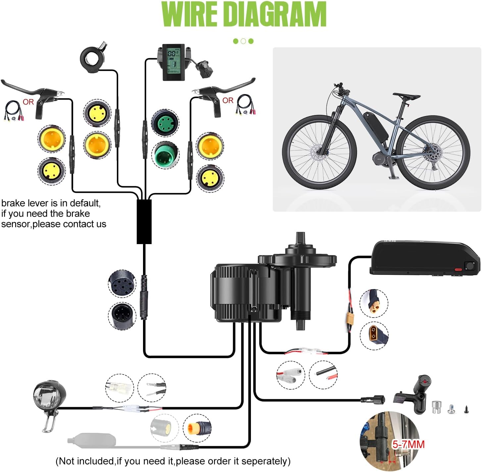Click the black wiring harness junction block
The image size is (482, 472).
pos(144,222)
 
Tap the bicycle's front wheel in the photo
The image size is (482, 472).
pos(319,152)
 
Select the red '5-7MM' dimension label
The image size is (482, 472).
pos(409,444)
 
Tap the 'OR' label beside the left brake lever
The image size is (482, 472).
pos(28,102)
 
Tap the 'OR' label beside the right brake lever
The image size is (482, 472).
pos(228,101)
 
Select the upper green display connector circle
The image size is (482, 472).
pos(165,122)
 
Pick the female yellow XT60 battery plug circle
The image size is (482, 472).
pos(374,335)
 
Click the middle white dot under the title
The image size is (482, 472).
pos(243,41)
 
